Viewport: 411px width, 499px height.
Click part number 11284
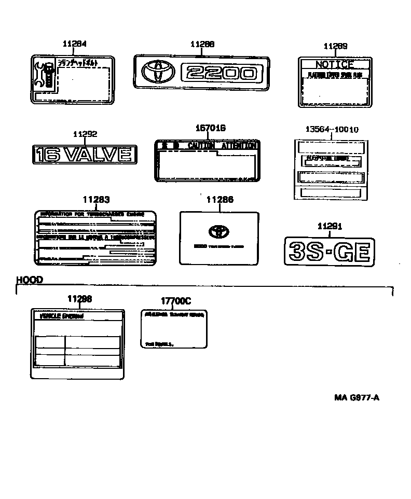75,45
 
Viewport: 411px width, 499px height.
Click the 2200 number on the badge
219,73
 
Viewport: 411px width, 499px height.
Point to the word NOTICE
335,65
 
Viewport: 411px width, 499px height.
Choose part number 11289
335,47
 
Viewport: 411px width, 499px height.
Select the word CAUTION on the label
200,146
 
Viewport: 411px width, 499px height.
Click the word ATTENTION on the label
239,146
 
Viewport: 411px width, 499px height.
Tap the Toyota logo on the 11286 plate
218,231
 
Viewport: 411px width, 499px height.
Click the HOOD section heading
30,280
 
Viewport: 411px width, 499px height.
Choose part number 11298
80,299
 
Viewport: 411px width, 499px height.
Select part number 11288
202,45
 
